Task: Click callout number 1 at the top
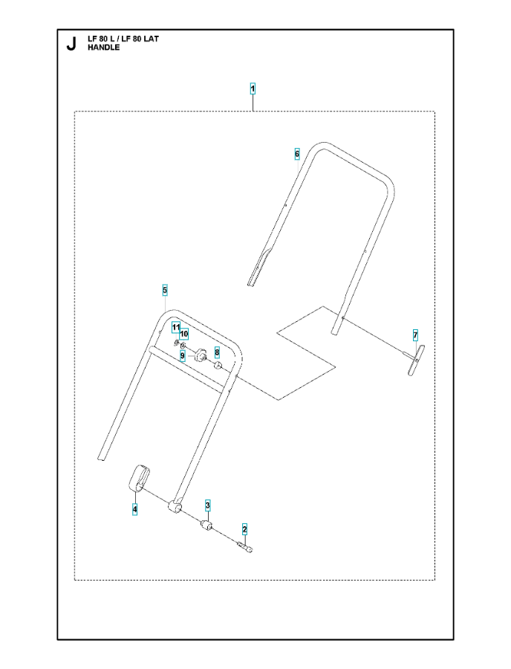tap(253, 89)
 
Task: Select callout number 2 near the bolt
tap(244, 529)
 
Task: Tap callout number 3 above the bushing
tap(207, 506)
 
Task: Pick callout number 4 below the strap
tap(134, 509)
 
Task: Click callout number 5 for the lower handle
tap(165, 291)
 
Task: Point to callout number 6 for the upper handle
tap(297, 154)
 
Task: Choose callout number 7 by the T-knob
tap(415, 336)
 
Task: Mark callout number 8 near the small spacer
tap(217, 352)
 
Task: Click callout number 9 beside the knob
tap(183, 355)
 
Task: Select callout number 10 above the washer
tap(184, 333)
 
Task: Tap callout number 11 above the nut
tap(176, 327)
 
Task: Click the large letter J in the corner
tap(71, 44)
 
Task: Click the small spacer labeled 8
tap(218, 365)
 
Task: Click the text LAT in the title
tap(152, 39)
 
